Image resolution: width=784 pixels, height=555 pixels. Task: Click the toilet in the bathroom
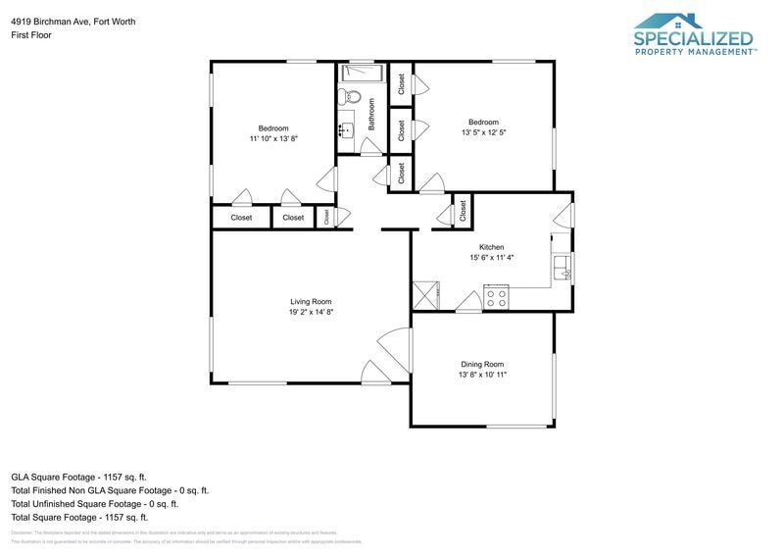pos(351,97)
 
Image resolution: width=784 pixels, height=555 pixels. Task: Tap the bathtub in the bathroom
pos(363,73)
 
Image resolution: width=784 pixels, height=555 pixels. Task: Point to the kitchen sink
pos(563,268)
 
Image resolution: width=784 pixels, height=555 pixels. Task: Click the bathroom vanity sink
pos(345,126)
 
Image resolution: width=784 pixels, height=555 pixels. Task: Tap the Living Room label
pos(310,301)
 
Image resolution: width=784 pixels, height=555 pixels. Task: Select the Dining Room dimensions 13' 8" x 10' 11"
pos(482,375)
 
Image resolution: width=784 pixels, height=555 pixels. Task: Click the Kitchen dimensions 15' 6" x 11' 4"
pos(490,258)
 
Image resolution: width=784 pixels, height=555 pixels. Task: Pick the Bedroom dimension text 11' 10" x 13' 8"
pos(273,139)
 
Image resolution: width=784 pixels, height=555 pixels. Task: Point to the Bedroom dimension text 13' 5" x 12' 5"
pos(483,132)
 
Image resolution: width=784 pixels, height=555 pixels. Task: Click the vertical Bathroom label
pos(372,113)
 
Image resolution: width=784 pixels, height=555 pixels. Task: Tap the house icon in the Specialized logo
pos(669,21)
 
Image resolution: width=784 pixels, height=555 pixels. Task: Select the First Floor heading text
pos(31,34)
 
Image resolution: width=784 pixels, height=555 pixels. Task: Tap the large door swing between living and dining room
pos(394,345)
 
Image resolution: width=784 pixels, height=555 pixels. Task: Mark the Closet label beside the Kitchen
pos(462,210)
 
